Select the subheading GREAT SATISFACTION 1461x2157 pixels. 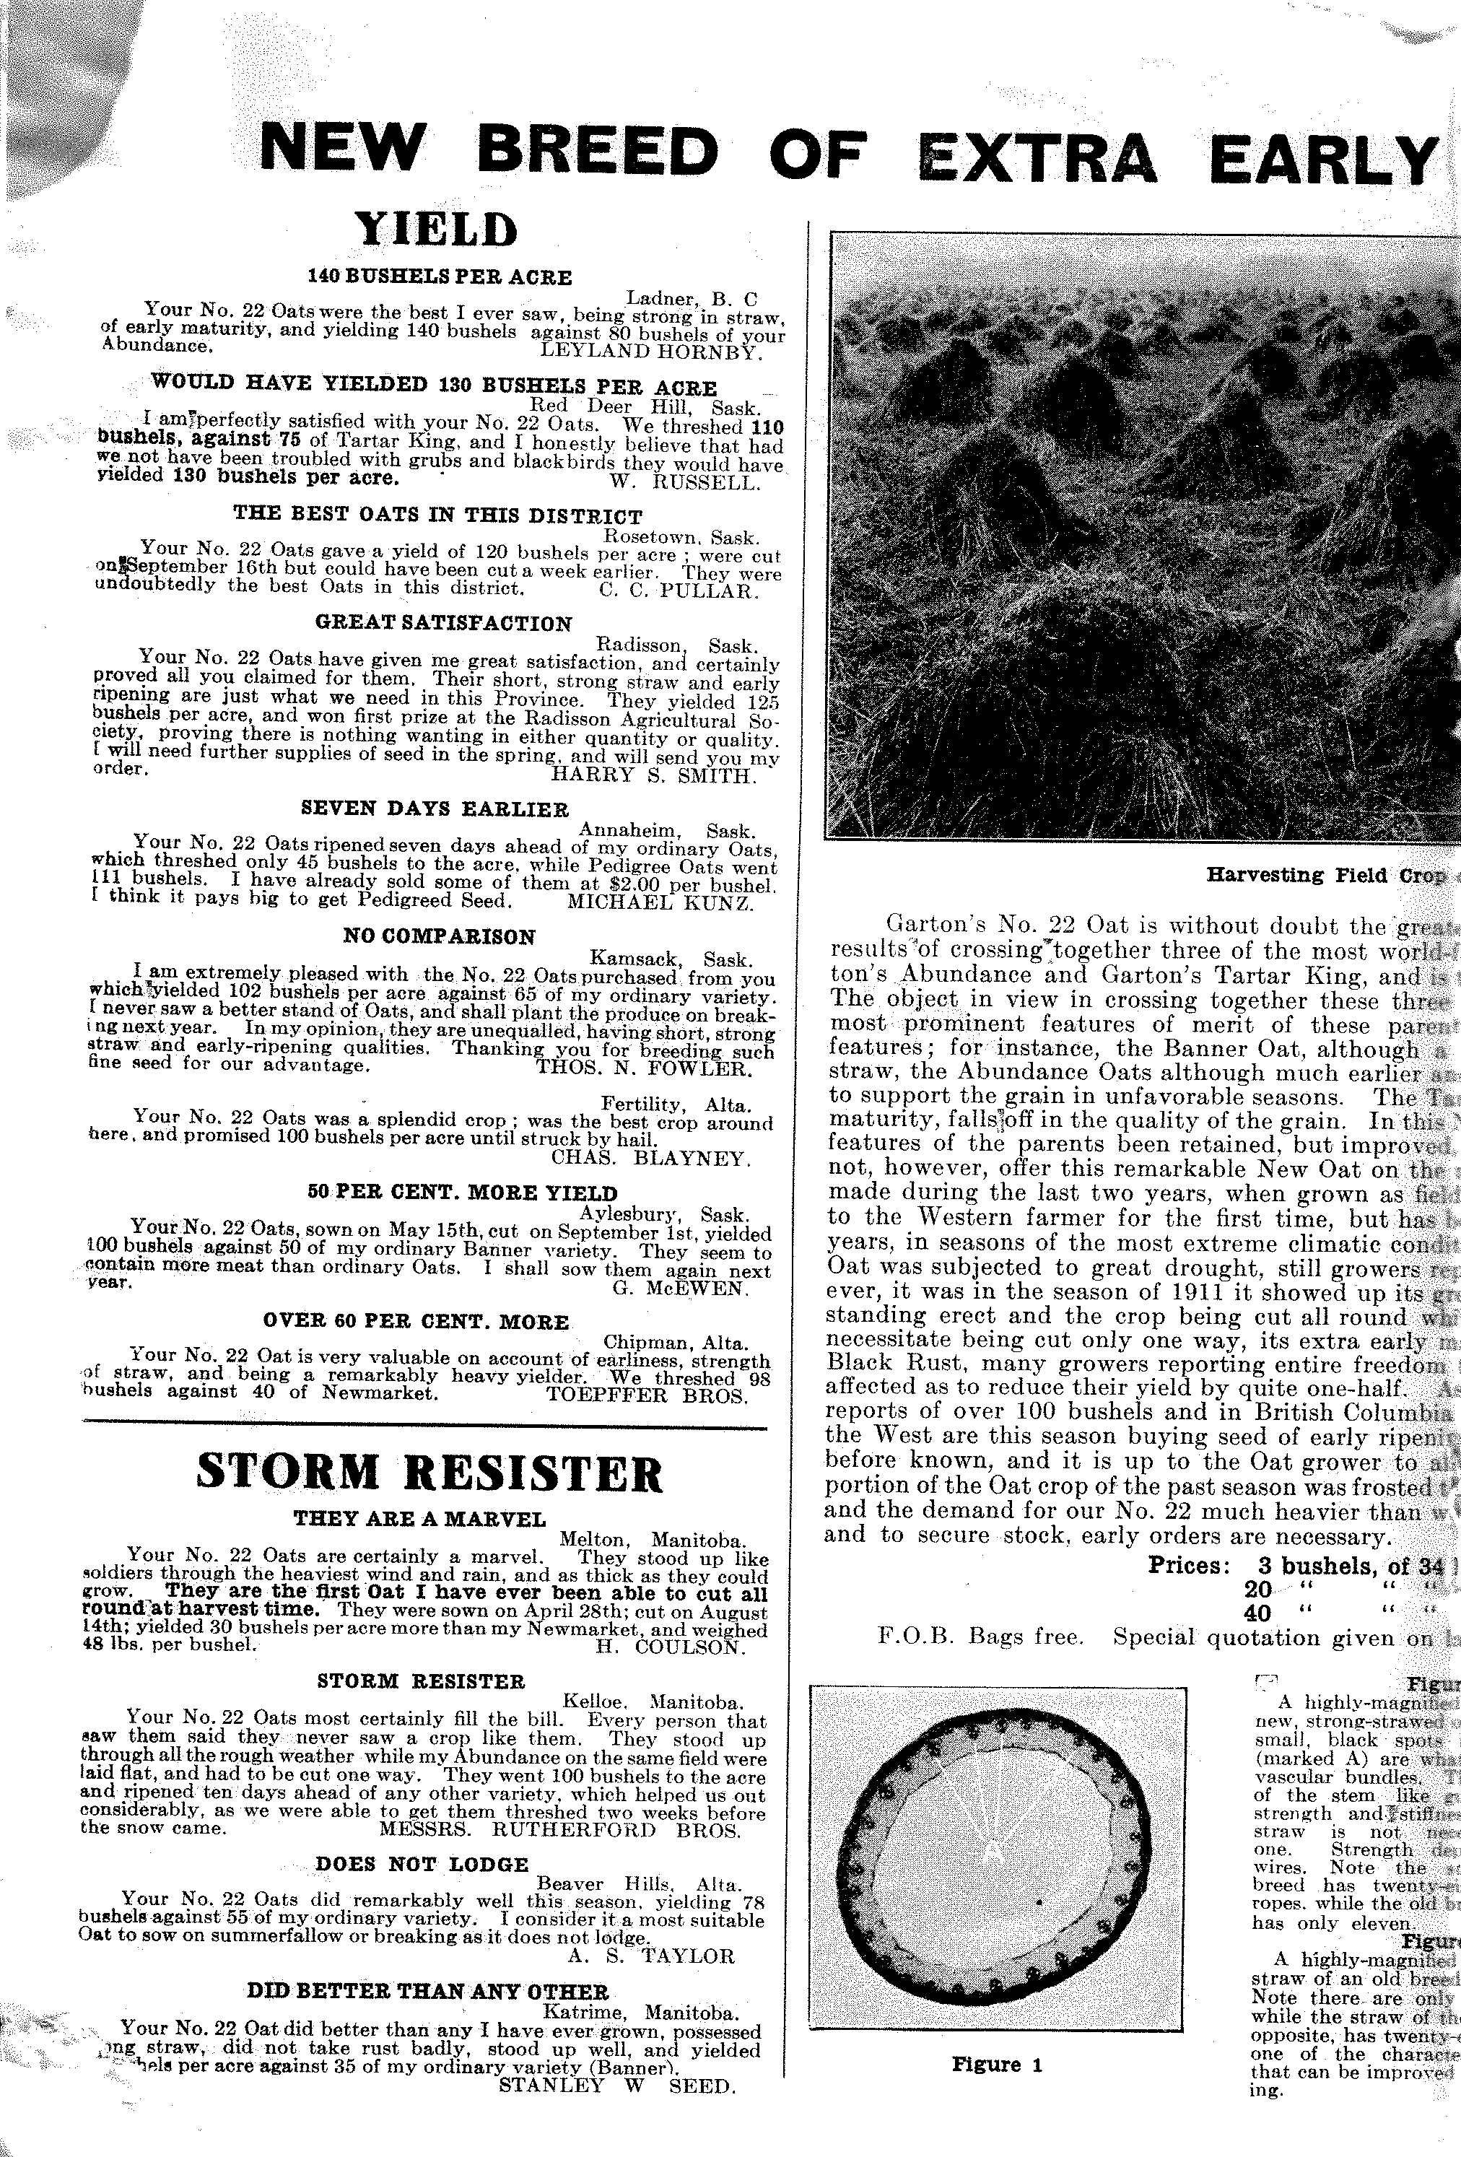444,624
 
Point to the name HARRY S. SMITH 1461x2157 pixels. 653,775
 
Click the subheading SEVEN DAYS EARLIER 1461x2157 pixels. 435,809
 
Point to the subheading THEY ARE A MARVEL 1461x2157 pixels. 419,1520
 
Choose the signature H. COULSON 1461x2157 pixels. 670,1648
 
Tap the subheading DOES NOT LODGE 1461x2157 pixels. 422,1865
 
